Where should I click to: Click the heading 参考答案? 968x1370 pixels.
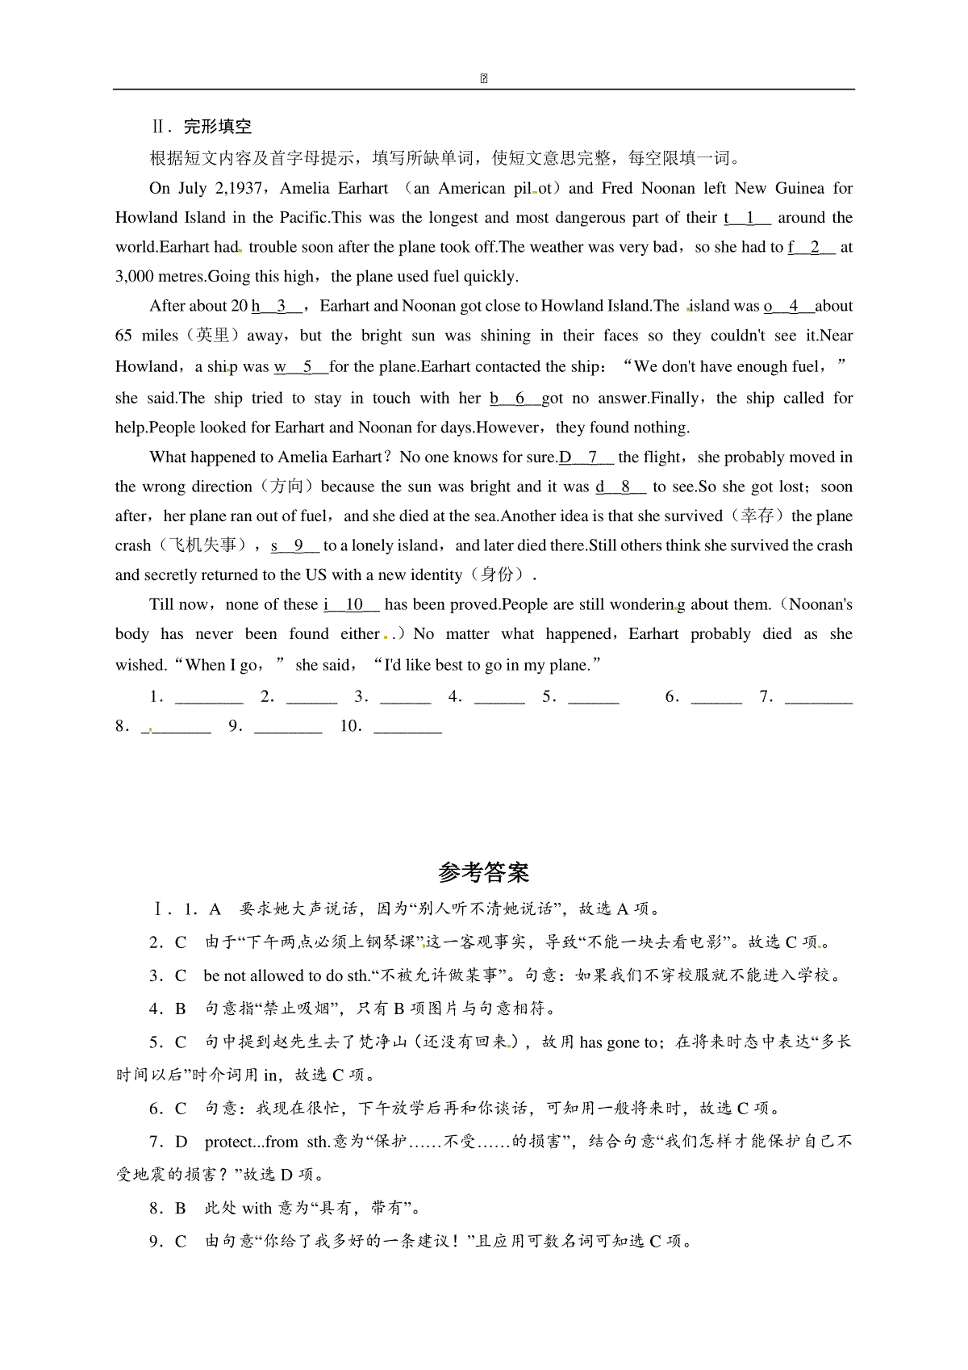click(x=483, y=872)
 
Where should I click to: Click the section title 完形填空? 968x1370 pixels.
click(x=218, y=126)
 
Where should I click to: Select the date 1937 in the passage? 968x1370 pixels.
click(x=244, y=188)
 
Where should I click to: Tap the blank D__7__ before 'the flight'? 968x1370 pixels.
click(x=586, y=457)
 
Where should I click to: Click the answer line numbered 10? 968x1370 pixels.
click(x=408, y=727)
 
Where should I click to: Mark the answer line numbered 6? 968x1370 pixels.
click(x=716, y=698)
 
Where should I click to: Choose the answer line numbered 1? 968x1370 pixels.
click(x=209, y=698)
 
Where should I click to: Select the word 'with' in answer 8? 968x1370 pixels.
click(x=257, y=1208)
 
